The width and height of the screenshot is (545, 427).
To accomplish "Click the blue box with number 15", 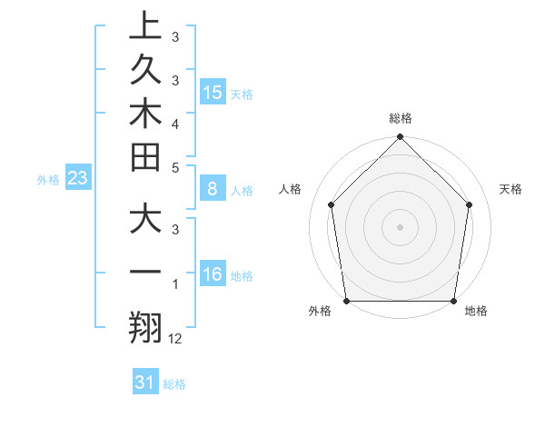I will click(213, 92).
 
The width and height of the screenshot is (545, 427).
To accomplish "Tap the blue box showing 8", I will click(213, 189).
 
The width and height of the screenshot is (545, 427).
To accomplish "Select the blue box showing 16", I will click(213, 274).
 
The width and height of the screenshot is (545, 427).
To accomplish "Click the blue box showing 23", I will click(77, 178).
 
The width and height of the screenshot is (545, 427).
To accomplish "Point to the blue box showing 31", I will click(145, 382).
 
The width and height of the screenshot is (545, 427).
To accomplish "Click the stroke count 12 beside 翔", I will click(175, 339).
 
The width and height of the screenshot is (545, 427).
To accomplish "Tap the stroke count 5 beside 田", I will click(174, 167).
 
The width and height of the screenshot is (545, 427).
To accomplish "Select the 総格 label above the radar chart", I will click(401, 118).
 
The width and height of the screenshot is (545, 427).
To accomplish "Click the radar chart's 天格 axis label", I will click(510, 189).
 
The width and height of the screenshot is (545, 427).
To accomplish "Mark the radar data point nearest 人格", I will click(331, 204).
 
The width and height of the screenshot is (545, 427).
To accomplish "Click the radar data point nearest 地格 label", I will click(453, 301).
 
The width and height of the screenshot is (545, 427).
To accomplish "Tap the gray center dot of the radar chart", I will click(400, 226).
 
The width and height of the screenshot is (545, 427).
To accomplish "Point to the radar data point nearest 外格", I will click(346, 301).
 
